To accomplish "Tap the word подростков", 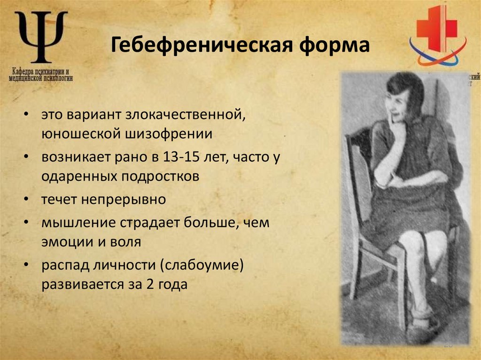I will (161, 176).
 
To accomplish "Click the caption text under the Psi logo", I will (41, 76).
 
